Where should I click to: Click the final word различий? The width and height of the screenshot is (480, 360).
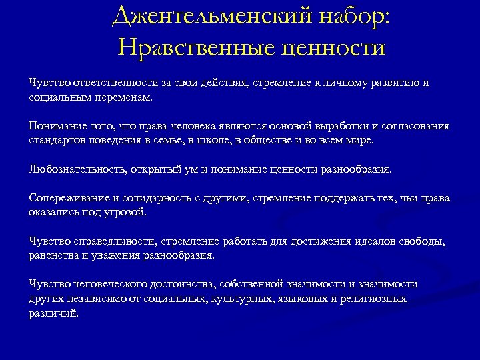pyautogui.click(x=53, y=313)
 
